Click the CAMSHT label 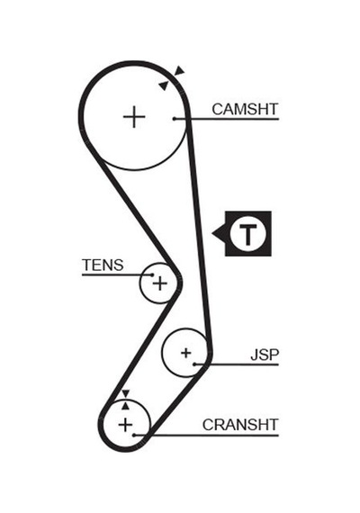pos(245,109)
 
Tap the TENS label pos(103,265)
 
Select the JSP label pos(265,355)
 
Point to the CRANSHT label pos(240,425)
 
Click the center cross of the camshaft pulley pos(134,117)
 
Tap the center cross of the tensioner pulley pos(159,283)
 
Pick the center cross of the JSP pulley pos(185,353)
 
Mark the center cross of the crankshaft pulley pos(125,425)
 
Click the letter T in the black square pos(247,235)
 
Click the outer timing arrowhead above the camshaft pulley pos(179,70)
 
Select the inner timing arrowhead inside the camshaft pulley pos(163,85)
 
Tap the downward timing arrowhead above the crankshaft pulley pos(126,393)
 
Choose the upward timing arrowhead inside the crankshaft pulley pos(126,406)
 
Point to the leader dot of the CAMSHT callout pos(175,119)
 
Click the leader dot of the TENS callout pos(151,274)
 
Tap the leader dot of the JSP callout pos(194,364)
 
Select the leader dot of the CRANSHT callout pos(134,435)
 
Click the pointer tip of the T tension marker pos(212,234)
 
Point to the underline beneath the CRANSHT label pos(206,436)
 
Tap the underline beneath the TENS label pos(117,274)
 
